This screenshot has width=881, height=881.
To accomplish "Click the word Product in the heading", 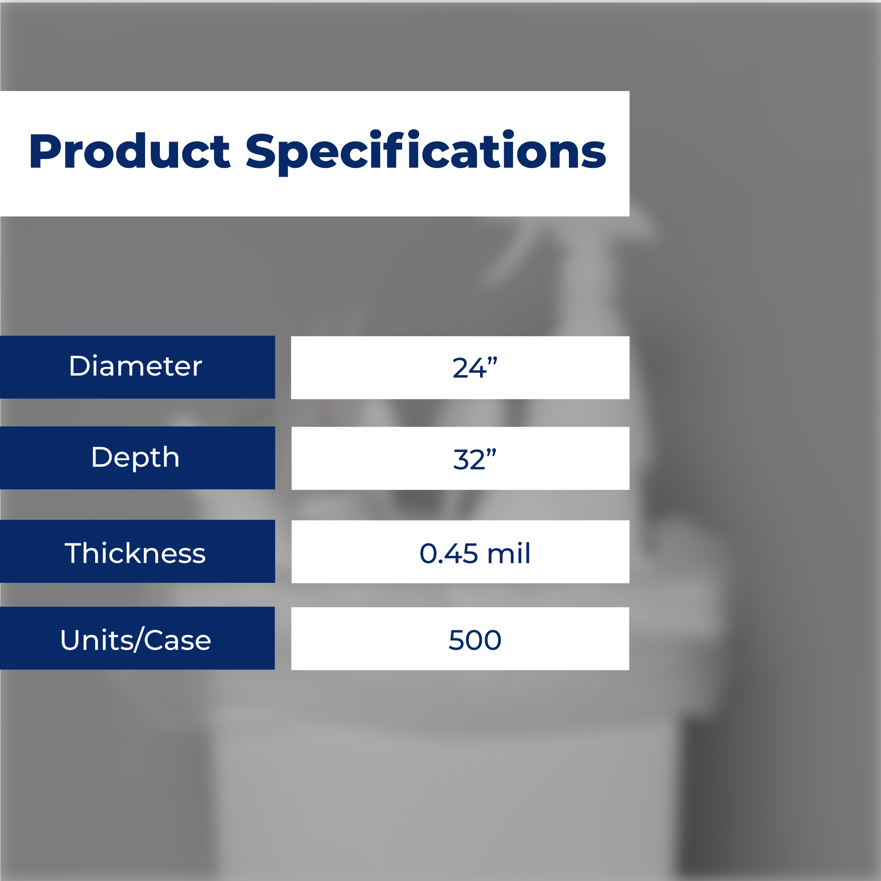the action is coord(130,151).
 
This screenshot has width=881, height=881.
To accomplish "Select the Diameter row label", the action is coord(135,366).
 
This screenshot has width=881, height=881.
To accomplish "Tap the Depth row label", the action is coord(135,458).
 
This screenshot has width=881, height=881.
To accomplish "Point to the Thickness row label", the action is coord(135,553).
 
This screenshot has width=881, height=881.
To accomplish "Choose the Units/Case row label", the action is coord(135,640).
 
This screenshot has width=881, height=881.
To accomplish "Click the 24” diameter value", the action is coord(474,368).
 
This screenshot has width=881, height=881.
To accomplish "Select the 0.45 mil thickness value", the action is coord(475,553).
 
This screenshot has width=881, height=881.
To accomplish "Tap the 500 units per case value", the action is coord(475,640).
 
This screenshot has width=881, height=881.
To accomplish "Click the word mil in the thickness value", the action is coord(508,553).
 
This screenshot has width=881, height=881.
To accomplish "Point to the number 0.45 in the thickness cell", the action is coord(449,554).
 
